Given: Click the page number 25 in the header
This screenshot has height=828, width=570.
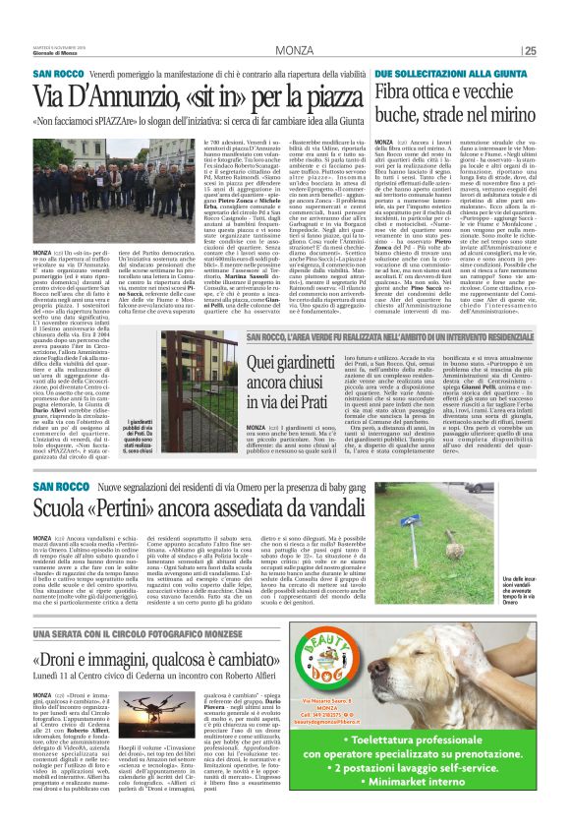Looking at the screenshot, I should point(530,52).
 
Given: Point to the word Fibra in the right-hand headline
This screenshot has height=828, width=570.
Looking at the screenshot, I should point(394,93).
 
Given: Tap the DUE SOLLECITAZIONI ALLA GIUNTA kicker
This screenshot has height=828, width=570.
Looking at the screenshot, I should point(433,75).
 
